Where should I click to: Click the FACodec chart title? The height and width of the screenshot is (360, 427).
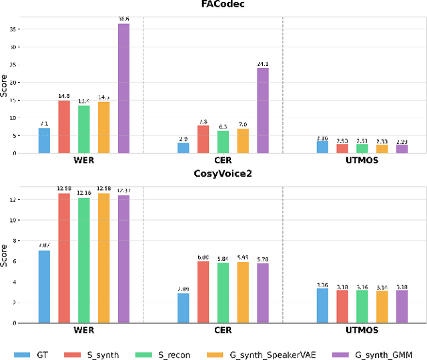[x=213, y=5]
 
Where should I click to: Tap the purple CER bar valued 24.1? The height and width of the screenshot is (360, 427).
[x=263, y=111]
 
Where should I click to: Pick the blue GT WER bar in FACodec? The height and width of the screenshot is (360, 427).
[x=44, y=141]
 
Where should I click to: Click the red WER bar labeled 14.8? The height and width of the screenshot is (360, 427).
[x=64, y=127]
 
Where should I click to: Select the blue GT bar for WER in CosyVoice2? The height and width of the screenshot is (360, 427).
[x=44, y=286]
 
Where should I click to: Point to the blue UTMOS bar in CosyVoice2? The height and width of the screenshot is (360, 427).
[x=322, y=305]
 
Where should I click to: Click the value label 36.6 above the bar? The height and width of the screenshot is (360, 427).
[x=124, y=18]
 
